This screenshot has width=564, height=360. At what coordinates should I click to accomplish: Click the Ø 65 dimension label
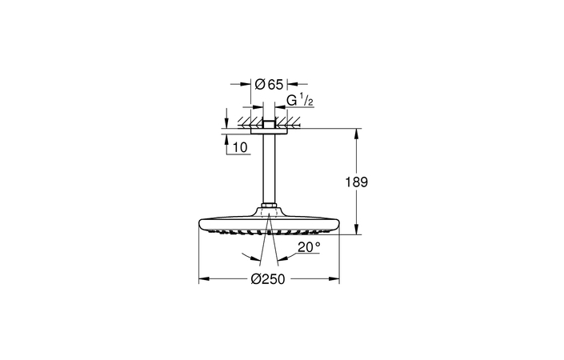[x=269, y=83]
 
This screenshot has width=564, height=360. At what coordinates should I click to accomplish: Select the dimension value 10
[x=239, y=147]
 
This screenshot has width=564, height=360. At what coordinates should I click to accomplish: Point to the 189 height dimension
[x=357, y=182]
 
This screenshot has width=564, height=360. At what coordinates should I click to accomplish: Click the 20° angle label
[x=308, y=247]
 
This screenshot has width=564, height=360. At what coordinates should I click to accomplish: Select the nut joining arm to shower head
[x=269, y=211]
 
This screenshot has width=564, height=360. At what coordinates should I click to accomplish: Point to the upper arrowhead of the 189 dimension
[x=357, y=133]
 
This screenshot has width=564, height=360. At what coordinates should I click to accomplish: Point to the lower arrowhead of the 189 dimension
[x=357, y=231]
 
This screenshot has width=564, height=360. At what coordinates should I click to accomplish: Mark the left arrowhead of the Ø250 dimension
[x=202, y=279]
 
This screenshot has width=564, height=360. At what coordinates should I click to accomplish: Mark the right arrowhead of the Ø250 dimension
[x=335, y=279]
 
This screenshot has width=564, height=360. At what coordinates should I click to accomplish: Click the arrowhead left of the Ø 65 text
[x=247, y=83]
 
